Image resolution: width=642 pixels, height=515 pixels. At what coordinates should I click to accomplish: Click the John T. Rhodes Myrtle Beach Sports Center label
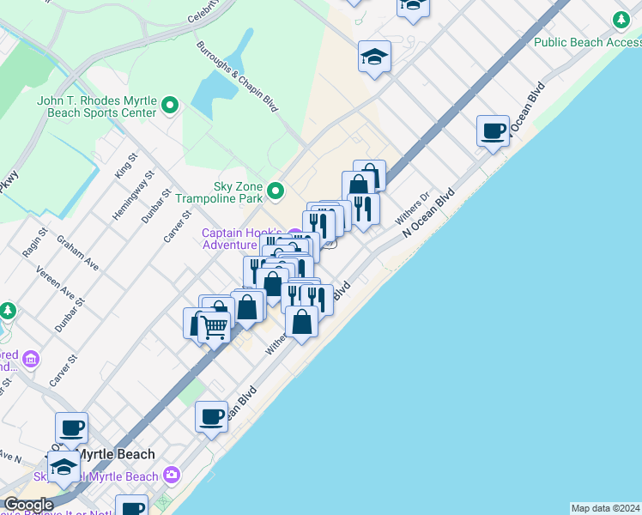(96, 106)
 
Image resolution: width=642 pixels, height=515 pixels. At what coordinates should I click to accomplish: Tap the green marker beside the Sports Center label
(170, 106)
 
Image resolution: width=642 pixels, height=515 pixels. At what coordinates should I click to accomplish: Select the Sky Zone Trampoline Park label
(218, 192)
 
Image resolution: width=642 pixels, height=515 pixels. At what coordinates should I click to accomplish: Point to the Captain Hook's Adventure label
(241, 238)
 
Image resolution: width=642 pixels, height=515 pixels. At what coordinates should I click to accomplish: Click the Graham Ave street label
(77, 255)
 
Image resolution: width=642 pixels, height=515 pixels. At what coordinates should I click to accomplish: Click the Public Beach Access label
(587, 41)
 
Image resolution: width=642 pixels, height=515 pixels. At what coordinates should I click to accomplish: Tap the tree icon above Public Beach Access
(621, 20)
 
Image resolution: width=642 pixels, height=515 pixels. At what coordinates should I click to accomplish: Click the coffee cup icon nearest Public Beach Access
(493, 131)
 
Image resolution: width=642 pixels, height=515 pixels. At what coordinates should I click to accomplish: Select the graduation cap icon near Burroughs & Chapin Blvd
(374, 57)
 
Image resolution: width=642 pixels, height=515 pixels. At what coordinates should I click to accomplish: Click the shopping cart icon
(214, 326)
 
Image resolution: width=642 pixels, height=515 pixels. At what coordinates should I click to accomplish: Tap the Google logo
(27, 505)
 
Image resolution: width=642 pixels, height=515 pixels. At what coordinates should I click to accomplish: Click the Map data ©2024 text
(605, 508)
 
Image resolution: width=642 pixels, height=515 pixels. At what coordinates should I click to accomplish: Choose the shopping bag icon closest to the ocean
(302, 322)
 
